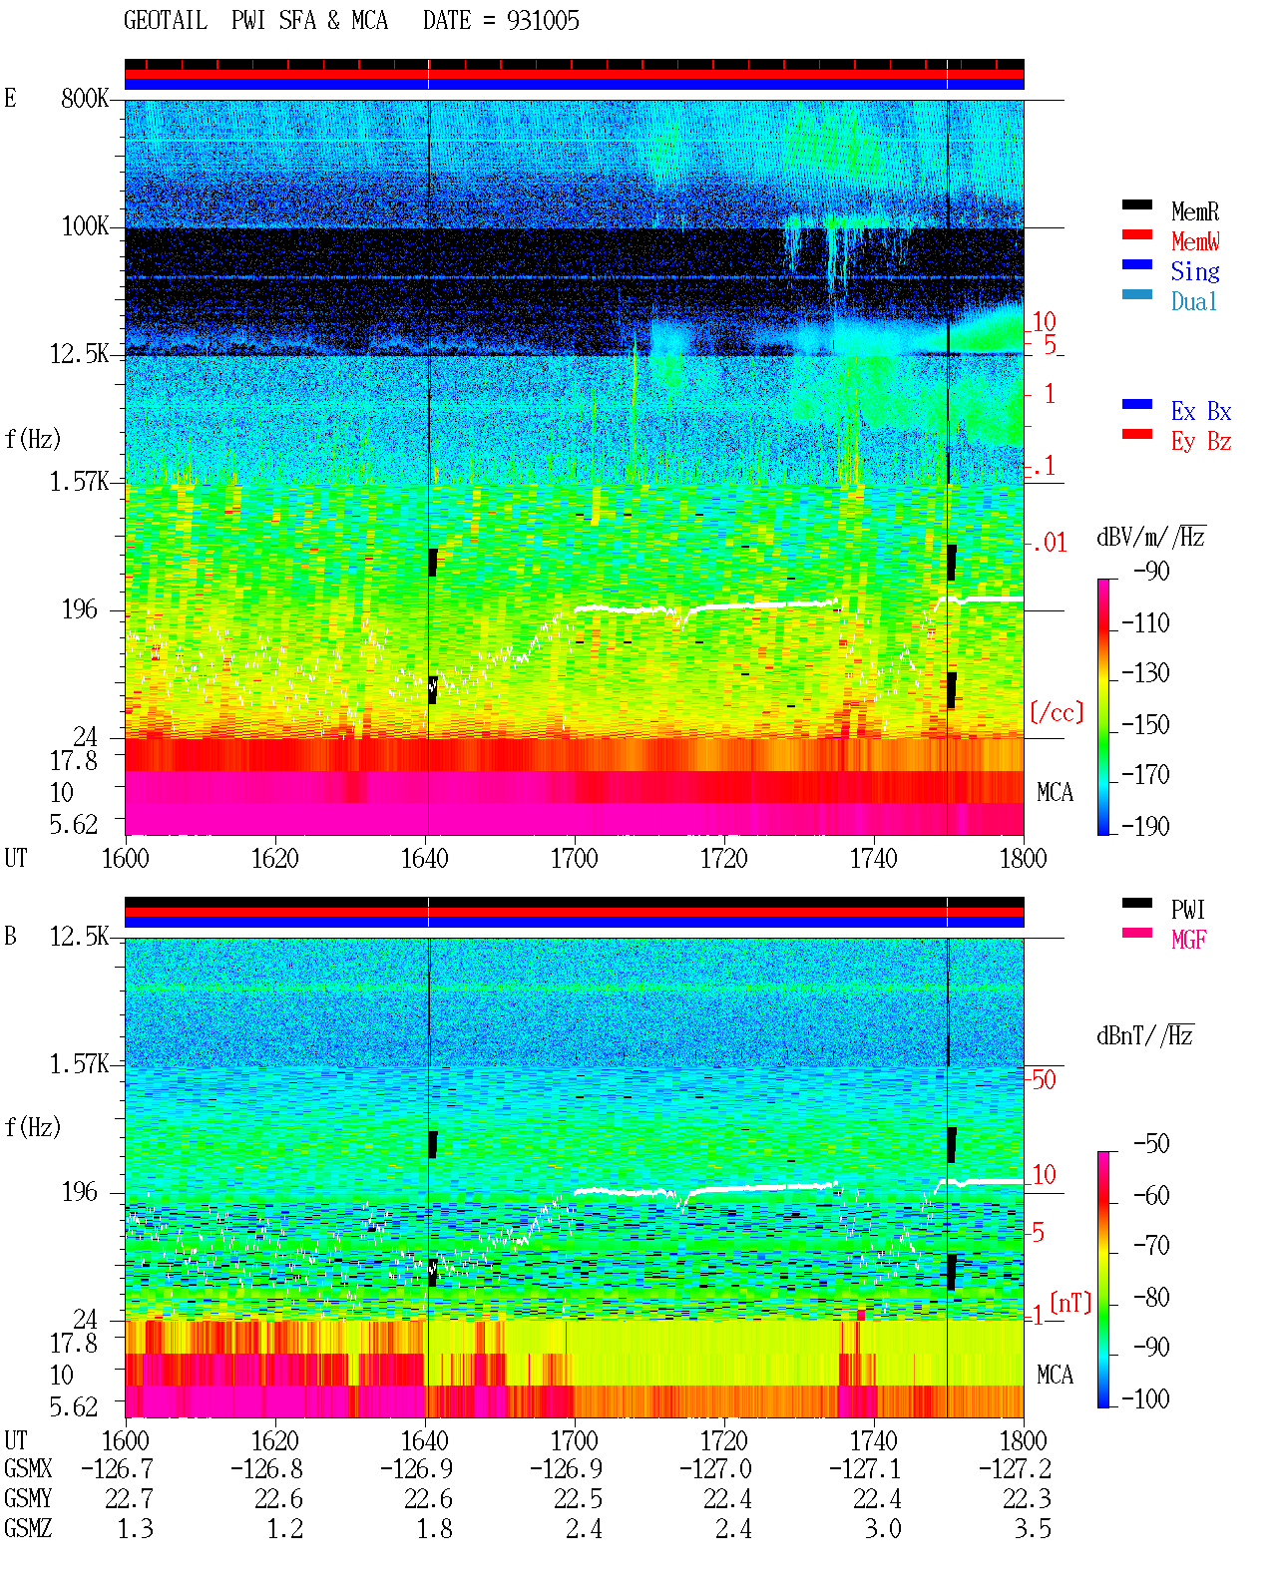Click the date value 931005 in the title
point(543,21)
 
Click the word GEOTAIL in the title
point(166,21)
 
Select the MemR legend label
point(1195,211)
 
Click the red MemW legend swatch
point(1136,234)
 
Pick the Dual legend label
point(1194,301)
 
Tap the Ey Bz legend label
point(1201,441)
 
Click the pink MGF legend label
point(1188,940)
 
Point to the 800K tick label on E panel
point(85,98)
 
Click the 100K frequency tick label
point(85,226)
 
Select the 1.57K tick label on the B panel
point(79,1064)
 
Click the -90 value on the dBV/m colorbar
point(1151,571)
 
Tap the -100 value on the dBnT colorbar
point(1145,1398)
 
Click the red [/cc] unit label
point(1057,712)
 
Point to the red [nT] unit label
point(1070,1303)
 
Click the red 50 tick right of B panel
point(1044,1079)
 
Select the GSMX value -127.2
point(1015,1468)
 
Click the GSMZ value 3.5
point(1032,1528)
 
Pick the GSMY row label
point(28,1498)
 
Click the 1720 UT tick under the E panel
point(724,858)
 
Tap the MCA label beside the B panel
point(1055,1375)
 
